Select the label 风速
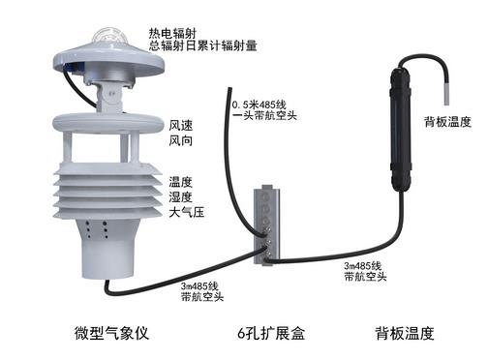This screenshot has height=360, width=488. coord(180,125)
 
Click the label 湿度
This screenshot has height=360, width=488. coord(180,196)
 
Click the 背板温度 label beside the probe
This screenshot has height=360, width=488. coord(447,122)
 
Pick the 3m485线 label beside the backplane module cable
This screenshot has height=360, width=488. coord(364,264)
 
